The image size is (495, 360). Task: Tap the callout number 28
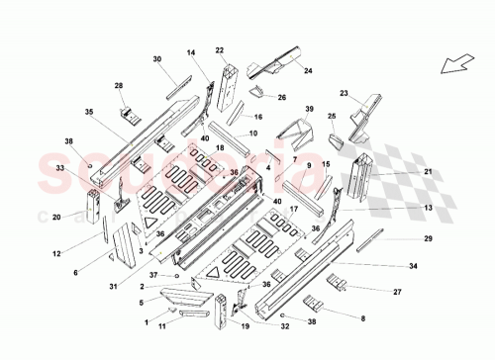coord(119,88)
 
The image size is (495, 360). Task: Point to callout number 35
coord(88,113)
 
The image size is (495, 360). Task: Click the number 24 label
coord(308,71)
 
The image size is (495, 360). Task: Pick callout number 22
coord(220,50)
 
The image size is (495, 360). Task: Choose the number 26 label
coord(282,98)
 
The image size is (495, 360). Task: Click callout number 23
coord(345,93)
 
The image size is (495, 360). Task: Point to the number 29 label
coord(429,240)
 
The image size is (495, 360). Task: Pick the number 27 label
coord(397,292)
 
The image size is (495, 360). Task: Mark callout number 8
coord(363,317)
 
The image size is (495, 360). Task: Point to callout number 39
coord(309,108)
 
